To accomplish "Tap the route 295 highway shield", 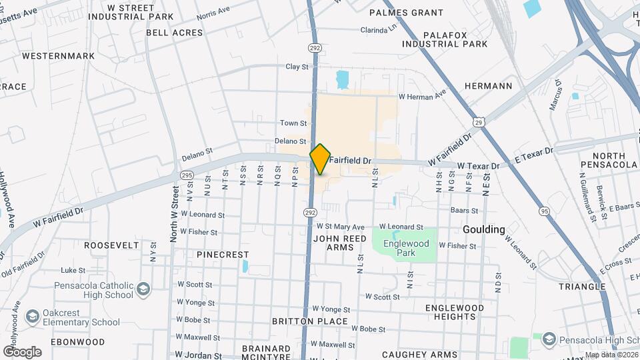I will point(186,175).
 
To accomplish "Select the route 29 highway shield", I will point(479,121).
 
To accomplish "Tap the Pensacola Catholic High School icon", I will point(143,289).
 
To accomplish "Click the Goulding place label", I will point(484,229).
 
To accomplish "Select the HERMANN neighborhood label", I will point(488,86).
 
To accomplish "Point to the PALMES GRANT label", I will point(406,13).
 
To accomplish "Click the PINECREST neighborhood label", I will point(223,255).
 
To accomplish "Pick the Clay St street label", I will point(297,67).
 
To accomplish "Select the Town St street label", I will point(293,123).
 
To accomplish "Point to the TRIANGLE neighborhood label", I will point(582,287).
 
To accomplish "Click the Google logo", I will point(22,351).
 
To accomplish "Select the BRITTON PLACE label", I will point(310,321).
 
